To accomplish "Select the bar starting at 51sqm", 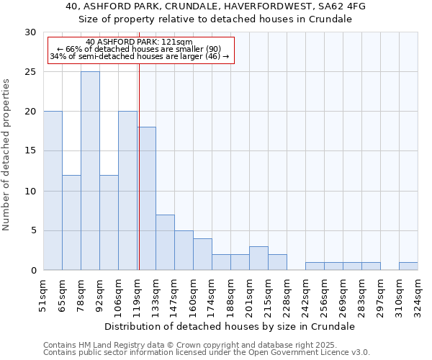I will coord(53,191).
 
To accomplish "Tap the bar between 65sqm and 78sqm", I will coord(71,222).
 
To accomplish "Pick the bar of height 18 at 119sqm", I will coord(147,199).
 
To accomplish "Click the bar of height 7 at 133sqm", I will coord(165,242).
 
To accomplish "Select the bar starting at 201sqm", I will coord(258,258).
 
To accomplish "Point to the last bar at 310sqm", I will coord(408,266).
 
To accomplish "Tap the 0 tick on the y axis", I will coord(33,270).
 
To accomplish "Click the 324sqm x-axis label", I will coord(418,296).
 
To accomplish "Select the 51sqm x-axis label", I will coord(44,296).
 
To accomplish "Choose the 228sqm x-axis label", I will coord(287,296).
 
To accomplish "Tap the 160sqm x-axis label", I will coord(193,296).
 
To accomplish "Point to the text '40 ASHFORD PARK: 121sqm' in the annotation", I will coord(138,42).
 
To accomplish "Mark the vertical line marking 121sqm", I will coord(139,166).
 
